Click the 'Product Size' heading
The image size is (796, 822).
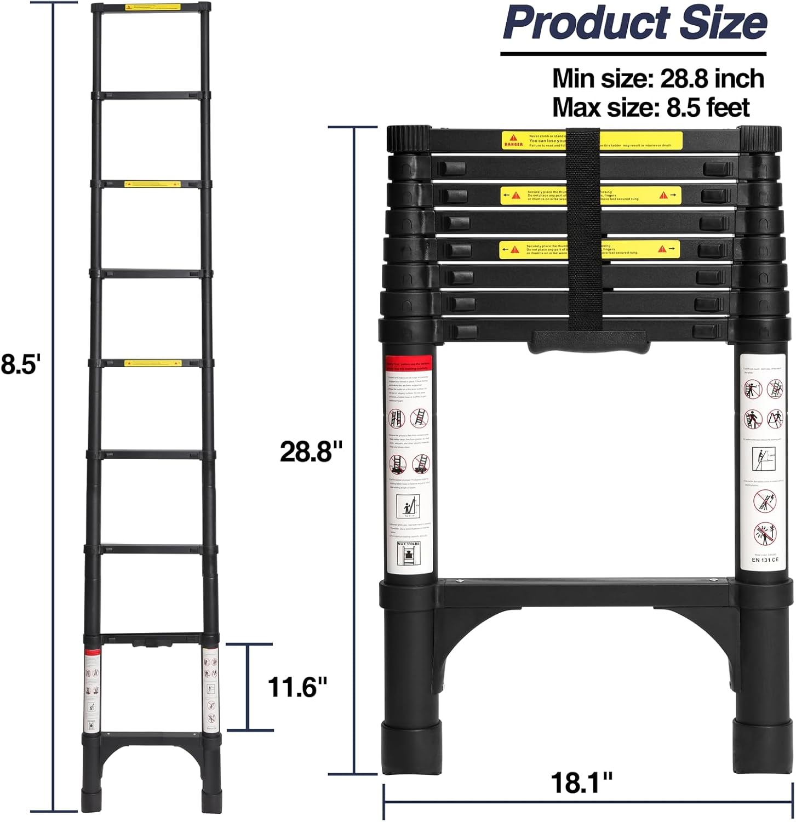(635, 23)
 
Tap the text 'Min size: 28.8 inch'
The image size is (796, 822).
(657, 78)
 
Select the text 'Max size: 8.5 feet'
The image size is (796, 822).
(650, 107)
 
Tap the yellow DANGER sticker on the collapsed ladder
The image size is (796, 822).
(592, 140)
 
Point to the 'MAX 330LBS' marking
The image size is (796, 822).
(408, 544)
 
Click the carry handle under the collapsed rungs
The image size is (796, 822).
(589, 342)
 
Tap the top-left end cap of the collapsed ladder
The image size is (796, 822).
(408, 138)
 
